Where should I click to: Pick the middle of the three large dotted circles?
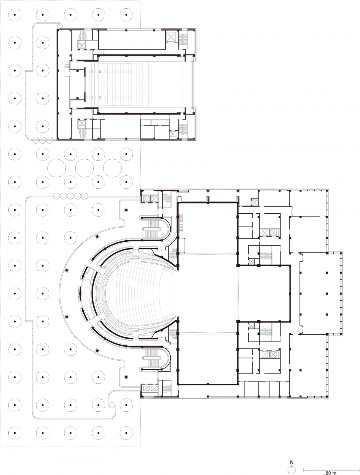84,168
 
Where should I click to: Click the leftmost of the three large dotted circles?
57,168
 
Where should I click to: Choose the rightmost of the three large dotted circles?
112,168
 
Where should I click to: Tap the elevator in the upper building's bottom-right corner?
173,134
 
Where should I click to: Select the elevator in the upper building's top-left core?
82,45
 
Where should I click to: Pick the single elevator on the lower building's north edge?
255,202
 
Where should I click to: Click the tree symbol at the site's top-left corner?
15,15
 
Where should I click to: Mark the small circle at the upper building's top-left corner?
60,26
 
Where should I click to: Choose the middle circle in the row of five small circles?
70,196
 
